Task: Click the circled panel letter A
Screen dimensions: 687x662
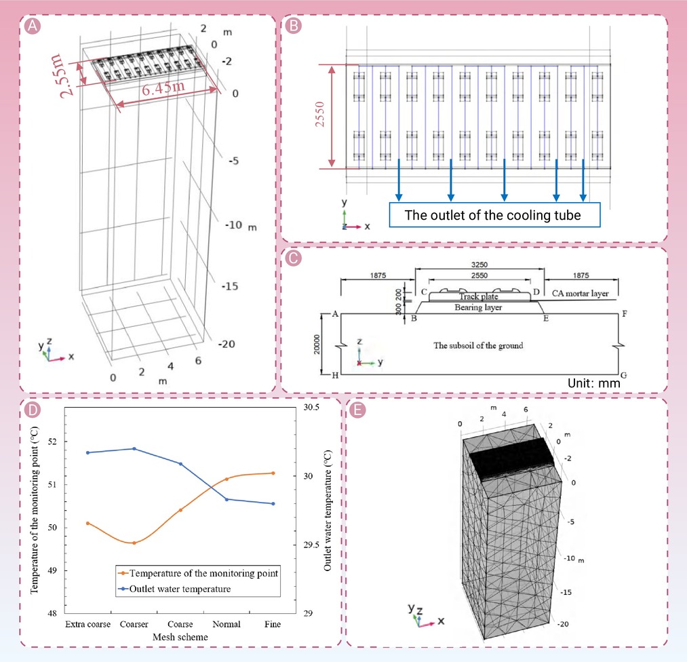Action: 33,26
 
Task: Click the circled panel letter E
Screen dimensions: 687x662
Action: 357,410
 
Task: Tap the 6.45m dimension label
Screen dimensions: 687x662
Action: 163,87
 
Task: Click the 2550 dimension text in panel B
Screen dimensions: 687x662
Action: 320,115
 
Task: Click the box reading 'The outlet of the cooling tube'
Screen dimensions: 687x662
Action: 494,215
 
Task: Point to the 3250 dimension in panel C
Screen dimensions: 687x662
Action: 479,264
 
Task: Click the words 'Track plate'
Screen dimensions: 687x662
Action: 478,296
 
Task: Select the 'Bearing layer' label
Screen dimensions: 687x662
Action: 478,307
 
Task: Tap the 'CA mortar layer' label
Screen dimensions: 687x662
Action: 580,293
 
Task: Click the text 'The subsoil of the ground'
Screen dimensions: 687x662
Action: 478,345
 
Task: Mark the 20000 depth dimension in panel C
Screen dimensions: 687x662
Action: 317,345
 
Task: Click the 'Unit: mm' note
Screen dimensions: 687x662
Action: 593,383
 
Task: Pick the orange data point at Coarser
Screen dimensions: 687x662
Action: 134,543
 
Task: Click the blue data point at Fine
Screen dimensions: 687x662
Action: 273,504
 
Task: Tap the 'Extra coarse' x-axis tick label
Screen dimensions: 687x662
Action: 87,624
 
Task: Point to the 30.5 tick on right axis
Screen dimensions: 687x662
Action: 311,407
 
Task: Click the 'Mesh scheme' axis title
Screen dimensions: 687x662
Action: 180,637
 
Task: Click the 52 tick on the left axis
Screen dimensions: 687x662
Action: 53,441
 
